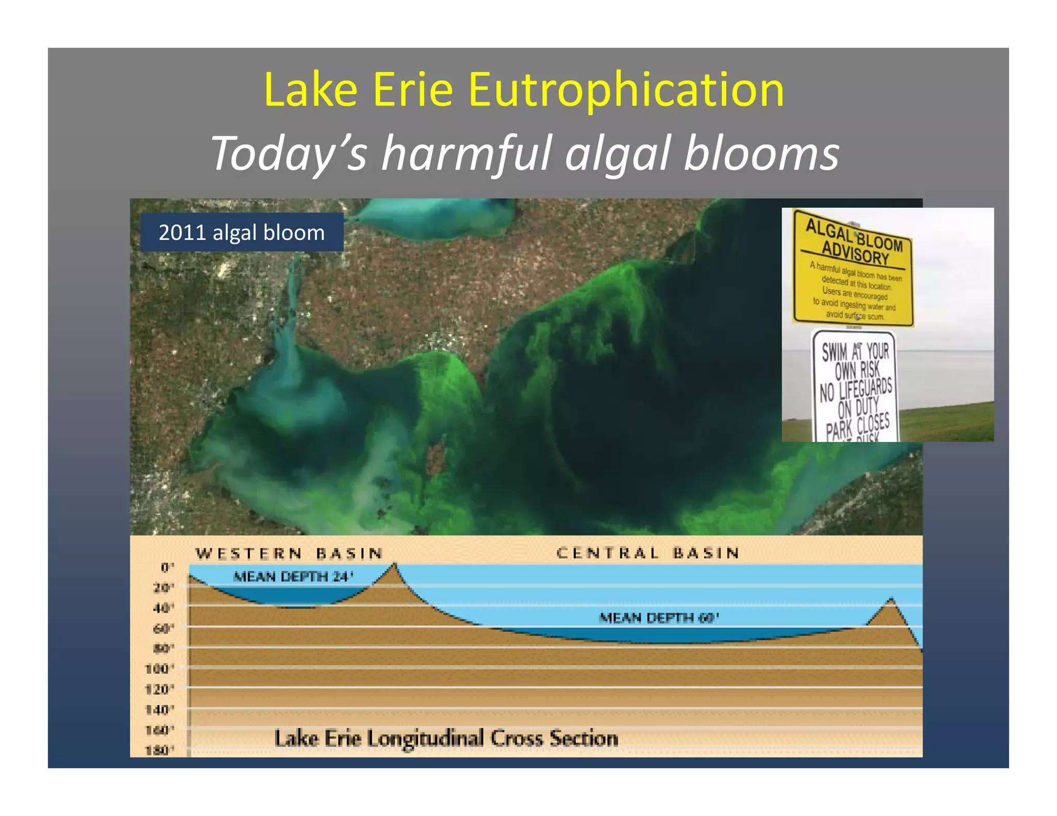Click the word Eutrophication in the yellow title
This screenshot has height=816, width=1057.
click(626, 90)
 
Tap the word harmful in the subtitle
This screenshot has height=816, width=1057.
click(467, 153)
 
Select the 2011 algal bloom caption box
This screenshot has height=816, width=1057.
click(242, 232)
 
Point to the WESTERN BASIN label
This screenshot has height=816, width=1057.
click(290, 553)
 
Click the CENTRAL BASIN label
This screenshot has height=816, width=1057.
click(648, 553)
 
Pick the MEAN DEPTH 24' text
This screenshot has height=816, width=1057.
click(293, 576)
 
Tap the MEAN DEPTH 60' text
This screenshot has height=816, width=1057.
click(659, 617)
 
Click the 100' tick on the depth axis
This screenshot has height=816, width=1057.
click(159, 669)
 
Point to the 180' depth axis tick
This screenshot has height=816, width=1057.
click(159, 750)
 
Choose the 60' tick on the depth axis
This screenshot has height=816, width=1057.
click(164, 628)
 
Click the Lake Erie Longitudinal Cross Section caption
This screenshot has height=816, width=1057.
click(446, 738)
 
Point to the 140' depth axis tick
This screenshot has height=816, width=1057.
click(159, 710)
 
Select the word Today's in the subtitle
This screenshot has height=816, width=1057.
click(289, 153)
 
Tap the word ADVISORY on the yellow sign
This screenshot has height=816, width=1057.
click(855, 253)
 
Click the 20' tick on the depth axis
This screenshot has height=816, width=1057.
click(164, 587)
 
